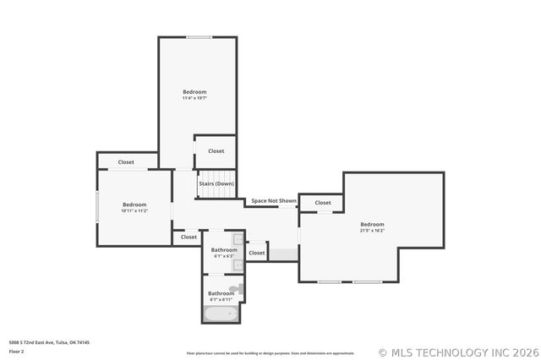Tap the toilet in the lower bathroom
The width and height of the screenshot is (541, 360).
(x=237, y=290)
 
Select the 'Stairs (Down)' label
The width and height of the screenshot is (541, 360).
(x=216, y=183)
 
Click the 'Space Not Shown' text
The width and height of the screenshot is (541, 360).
(x=273, y=201)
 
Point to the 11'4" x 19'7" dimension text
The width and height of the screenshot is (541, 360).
(x=194, y=98)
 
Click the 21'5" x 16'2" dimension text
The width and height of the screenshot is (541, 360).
(x=372, y=230)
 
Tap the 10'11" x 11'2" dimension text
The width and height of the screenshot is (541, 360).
(x=134, y=210)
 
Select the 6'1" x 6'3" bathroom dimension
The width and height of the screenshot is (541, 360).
(x=223, y=256)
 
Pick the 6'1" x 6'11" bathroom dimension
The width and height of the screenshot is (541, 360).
(x=221, y=299)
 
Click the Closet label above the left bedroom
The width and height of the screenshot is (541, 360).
(x=126, y=162)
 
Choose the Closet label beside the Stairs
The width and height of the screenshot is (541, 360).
(x=216, y=151)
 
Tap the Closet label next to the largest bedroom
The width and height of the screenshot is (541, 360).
(x=323, y=203)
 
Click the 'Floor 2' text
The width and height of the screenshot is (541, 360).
(x=16, y=351)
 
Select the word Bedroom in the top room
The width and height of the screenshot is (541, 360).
(x=194, y=91)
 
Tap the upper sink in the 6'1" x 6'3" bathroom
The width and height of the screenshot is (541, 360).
(x=238, y=241)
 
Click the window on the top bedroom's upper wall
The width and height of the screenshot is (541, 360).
(x=199, y=36)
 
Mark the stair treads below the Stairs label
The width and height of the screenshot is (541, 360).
(x=216, y=194)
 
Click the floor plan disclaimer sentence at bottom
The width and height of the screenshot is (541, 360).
(x=270, y=353)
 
